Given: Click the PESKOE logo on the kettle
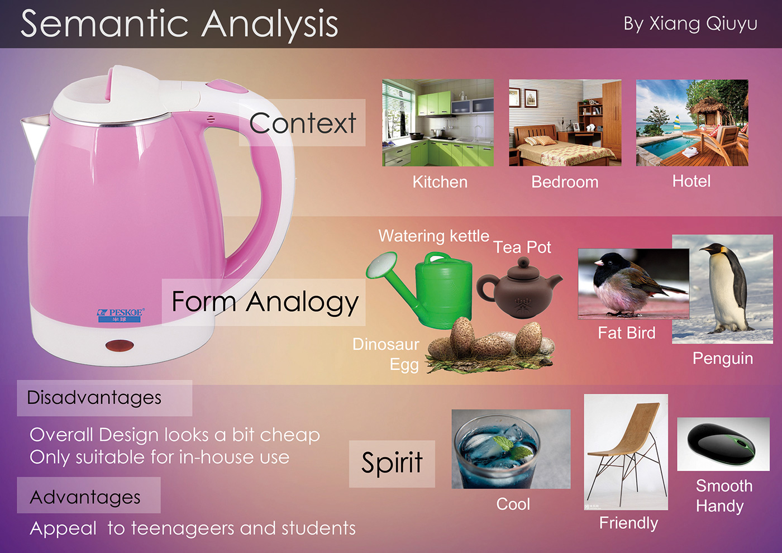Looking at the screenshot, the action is [x=120, y=315].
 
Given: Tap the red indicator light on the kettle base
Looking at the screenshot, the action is [x=120, y=346].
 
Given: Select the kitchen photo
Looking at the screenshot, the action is [x=438, y=122].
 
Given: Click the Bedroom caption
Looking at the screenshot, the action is [x=565, y=182].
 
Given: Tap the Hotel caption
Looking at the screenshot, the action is [x=692, y=181].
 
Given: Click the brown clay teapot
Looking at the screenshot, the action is [x=519, y=288].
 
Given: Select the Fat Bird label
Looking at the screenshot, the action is [x=627, y=333].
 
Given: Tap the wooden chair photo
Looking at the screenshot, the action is [x=626, y=452].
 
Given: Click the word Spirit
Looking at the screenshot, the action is [x=392, y=463].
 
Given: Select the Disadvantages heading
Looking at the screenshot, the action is [x=94, y=398].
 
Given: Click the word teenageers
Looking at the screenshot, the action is [x=182, y=528].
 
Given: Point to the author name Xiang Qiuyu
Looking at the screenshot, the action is [x=703, y=23].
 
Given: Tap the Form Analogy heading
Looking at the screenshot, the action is [x=265, y=302].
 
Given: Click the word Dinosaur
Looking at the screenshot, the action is [x=386, y=344].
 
